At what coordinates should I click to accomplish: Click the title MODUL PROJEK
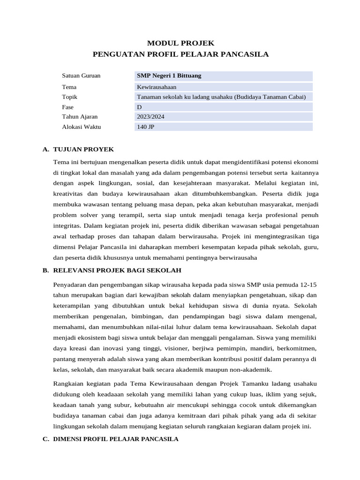(x=180, y=43)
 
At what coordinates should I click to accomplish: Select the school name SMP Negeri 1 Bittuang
(x=169, y=75)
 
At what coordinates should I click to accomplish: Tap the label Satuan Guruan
(x=81, y=75)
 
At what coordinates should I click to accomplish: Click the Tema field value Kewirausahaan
(x=156, y=87)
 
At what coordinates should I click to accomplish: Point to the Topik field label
(x=69, y=97)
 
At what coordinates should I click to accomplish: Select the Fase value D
(x=139, y=107)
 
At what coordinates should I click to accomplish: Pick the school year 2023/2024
(x=150, y=117)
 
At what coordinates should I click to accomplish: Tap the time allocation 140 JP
(x=145, y=127)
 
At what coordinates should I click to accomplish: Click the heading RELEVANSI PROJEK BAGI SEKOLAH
(x=117, y=270)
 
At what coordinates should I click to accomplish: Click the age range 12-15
(x=308, y=285)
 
